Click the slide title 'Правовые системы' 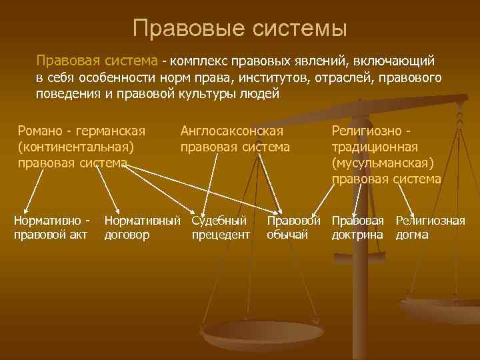pyautogui.click(x=240, y=29)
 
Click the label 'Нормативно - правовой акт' pyautogui.click(x=51, y=227)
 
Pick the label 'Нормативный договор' pyautogui.click(x=142, y=227)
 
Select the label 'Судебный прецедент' pyautogui.click(x=221, y=227)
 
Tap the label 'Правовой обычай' pyautogui.click(x=293, y=227)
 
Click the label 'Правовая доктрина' pyautogui.click(x=358, y=227)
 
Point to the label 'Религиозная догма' pyautogui.click(x=430, y=227)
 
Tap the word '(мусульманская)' pyautogui.click(x=383, y=163)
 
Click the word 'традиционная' pyautogui.click(x=375, y=147)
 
